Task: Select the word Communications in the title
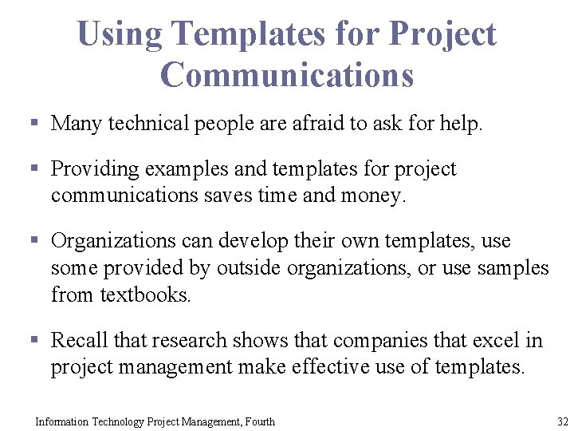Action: pyautogui.click(x=287, y=74)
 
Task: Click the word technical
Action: pyautogui.click(x=143, y=124)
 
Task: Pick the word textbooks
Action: pyautogui.click(x=145, y=295)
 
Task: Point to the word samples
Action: pyautogui.click(x=513, y=268)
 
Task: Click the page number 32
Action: pyautogui.click(x=563, y=421)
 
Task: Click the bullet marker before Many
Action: pyautogui.click(x=34, y=124)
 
